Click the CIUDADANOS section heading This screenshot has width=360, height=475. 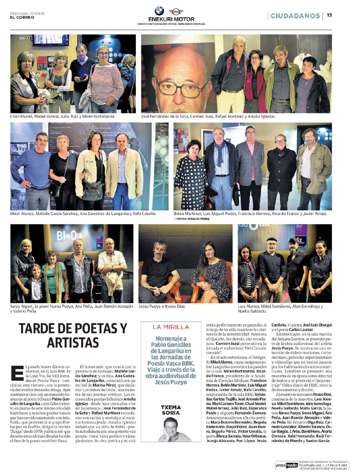[x=295, y=16]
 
